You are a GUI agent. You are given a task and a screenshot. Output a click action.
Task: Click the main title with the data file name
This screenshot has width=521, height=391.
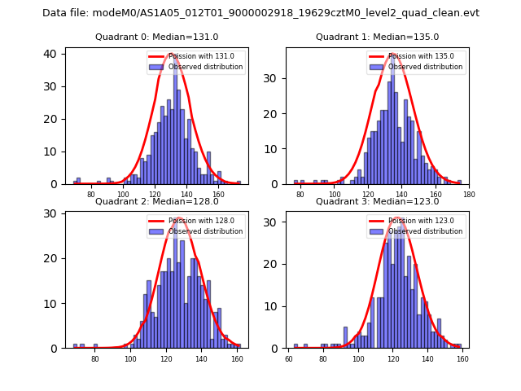260,13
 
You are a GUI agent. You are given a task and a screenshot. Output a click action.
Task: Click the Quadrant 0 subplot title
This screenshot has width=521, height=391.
157,37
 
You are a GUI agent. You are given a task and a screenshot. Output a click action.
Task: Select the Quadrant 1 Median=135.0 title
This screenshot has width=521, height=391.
377,37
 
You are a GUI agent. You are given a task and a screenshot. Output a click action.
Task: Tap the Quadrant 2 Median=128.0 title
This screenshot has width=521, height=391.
157,201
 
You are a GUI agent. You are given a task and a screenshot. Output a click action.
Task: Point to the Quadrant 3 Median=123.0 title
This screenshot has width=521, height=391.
377,201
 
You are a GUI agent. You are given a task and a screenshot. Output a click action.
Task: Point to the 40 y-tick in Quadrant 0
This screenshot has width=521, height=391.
51,54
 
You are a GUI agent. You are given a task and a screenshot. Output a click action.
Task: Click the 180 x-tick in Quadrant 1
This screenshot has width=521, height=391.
469,195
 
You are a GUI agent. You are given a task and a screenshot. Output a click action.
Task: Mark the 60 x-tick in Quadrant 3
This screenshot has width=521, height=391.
288,358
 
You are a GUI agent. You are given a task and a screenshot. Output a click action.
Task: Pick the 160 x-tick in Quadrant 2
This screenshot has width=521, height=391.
237,358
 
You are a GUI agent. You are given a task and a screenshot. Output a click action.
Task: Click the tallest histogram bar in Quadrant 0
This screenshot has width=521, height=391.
175,122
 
